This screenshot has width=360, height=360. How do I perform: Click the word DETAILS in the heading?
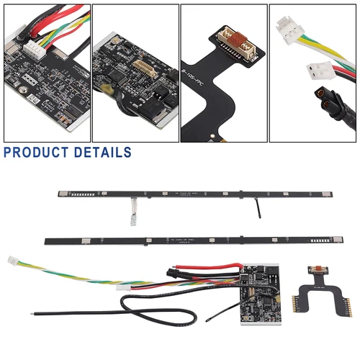tap(105, 152)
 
